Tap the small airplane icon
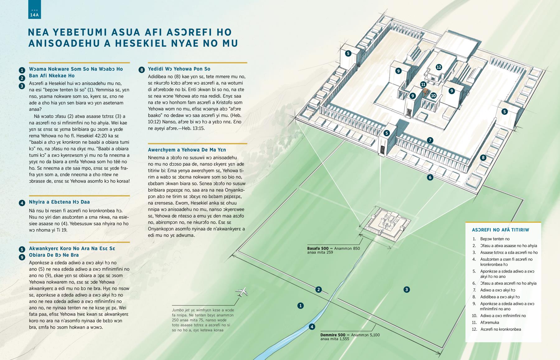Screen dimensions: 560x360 point(243,292)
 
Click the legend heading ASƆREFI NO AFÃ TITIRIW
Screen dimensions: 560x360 point(500,230)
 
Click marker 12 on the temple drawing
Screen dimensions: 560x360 point(439,67)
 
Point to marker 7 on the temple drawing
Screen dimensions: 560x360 point(430,140)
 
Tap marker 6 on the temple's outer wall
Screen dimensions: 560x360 point(430,177)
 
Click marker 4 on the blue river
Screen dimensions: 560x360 point(312,327)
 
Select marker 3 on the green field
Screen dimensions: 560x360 point(406,290)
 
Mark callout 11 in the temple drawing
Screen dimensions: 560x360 point(423,84)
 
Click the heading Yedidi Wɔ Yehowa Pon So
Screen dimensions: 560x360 point(179,69)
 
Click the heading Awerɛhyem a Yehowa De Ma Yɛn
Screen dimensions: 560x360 point(187,150)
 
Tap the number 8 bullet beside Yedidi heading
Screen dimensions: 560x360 point(142,70)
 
